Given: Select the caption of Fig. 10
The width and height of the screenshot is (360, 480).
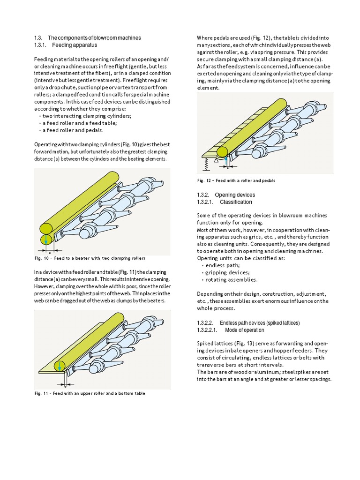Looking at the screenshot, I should click(90, 258).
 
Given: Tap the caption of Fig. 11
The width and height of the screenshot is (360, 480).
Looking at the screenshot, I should click(90, 393).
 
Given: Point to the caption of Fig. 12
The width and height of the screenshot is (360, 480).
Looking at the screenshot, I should click(236, 180).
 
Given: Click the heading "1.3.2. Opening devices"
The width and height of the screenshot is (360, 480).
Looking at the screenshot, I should click(226, 195).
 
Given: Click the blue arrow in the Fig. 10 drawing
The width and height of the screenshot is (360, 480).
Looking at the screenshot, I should click(46, 240).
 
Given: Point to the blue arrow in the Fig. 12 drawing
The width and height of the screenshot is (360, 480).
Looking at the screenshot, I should click(226, 160).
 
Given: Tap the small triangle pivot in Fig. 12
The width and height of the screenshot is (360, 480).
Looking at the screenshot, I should click(216, 159).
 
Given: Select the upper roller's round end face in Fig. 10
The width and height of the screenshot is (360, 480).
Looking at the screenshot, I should click(46, 228).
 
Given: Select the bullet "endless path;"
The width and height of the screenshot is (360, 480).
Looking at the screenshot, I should click(223, 265).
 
